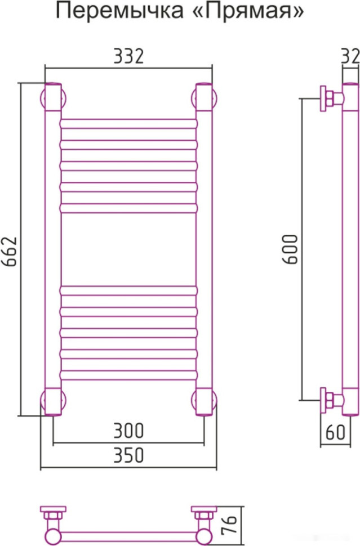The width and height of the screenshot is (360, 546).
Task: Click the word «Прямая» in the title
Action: pyautogui.click(x=249, y=12)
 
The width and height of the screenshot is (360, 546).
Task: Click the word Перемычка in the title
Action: pyautogui.click(x=119, y=11)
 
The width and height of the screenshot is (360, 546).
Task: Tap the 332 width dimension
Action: pyautogui.click(x=128, y=56)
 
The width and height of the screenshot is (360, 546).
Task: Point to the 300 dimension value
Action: pyautogui.click(x=128, y=431)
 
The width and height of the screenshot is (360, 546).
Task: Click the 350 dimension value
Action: pyautogui.click(x=128, y=455)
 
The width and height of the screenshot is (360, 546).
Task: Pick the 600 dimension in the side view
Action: pyautogui.click(x=290, y=249)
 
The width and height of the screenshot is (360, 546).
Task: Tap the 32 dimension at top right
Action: pyautogui.click(x=350, y=56)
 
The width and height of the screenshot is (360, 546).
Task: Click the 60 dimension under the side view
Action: pyautogui.click(x=335, y=432)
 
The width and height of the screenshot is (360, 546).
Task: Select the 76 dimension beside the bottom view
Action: pyautogui.click(x=229, y=525)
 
